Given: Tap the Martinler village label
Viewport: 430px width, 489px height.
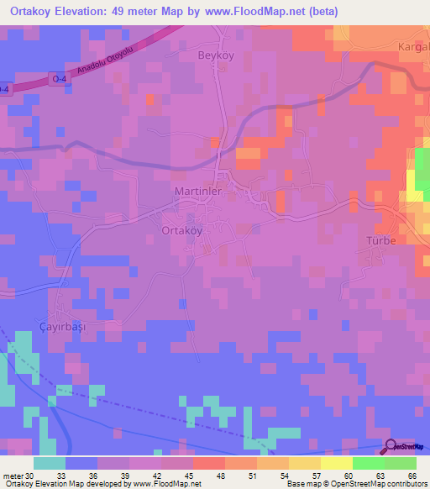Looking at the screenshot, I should pyautogui.click(x=198, y=192).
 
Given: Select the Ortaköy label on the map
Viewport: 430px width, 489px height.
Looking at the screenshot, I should pyautogui.click(x=181, y=229).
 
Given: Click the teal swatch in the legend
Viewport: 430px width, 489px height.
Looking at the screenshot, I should pyautogui.click(x=50, y=463).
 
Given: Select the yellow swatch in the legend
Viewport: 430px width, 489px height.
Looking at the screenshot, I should pyautogui.click(x=336, y=463).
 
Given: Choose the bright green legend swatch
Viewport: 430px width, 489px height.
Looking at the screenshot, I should pyautogui.click(x=368, y=463).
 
